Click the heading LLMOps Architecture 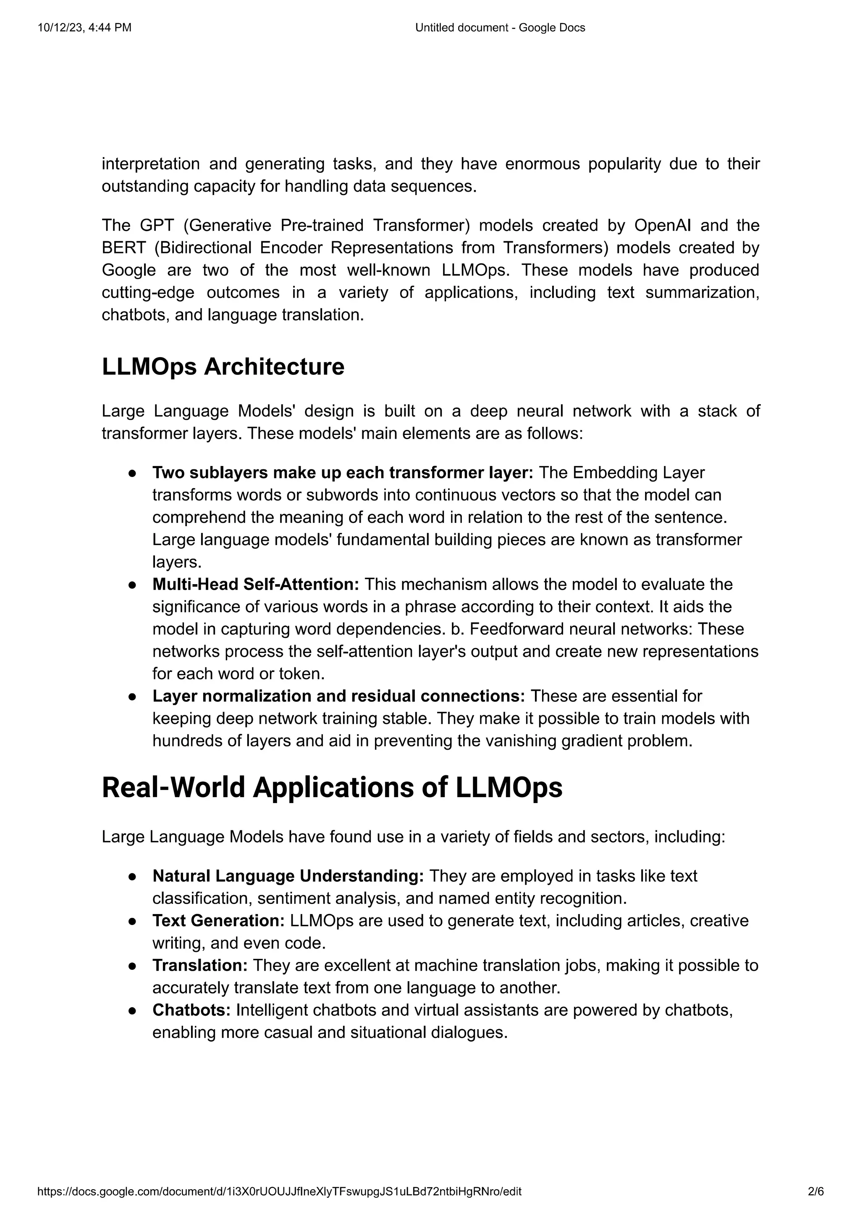pos(223,367)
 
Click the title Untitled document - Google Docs pos(500,28)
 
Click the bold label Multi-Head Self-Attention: pos(256,584)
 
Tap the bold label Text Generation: pos(219,920)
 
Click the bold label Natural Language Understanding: pos(288,876)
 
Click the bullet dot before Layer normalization pos(133,696)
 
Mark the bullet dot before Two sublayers pos(133,473)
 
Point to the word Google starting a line pos(128,270)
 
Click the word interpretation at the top pos(150,164)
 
